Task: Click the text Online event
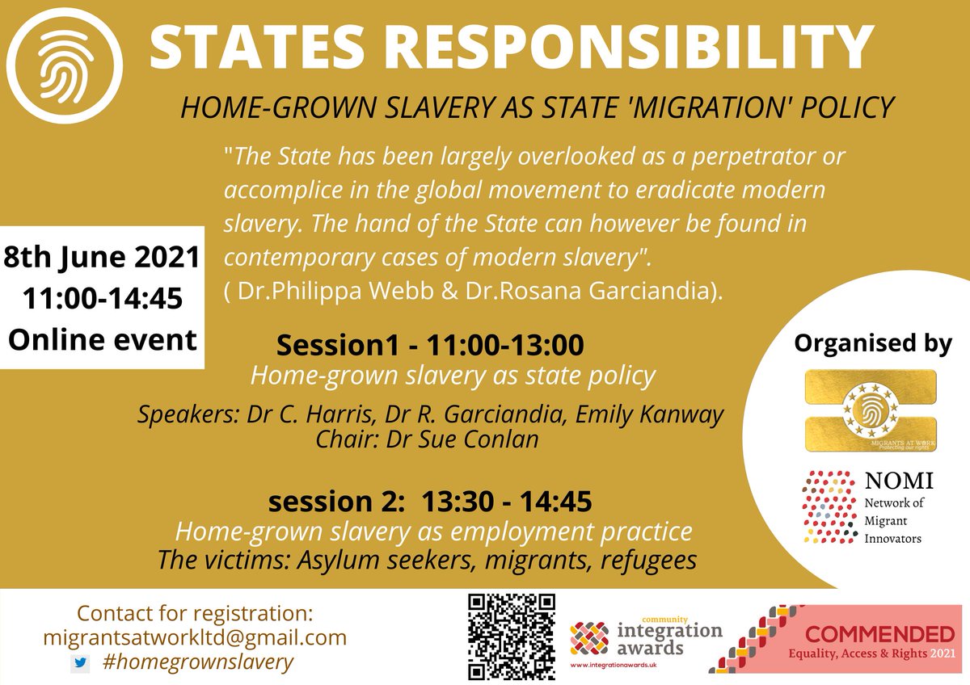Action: click(102, 338)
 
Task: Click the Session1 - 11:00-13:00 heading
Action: click(429, 346)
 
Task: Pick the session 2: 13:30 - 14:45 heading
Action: click(429, 502)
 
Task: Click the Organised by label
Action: click(872, 342)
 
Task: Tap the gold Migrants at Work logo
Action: click(871, 410)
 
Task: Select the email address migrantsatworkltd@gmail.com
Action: click(195, 637)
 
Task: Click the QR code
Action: click(512, 636)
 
